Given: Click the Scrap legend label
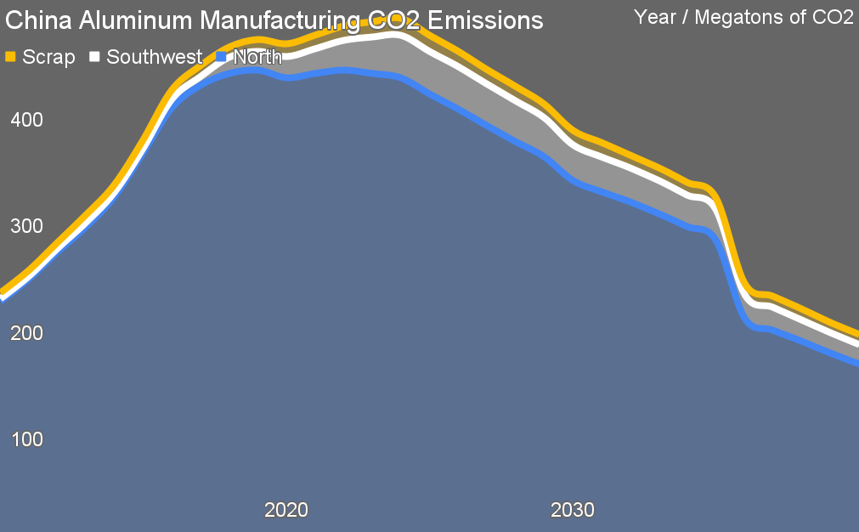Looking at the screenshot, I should [x=48, y=57].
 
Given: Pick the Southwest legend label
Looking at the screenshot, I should [x=154, y=57].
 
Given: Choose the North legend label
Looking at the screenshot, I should [x=257, y=57].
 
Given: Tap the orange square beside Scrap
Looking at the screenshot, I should [x=11, y=57].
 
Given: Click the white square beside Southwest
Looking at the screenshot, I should [x=95, y=57].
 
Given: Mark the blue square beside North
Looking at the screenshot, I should [x=222, y=57].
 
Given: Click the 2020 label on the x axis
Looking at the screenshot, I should [x=286, y=511].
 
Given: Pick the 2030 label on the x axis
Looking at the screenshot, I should [x=573, y=511].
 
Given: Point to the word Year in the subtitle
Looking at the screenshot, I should [x=655, y=18].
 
